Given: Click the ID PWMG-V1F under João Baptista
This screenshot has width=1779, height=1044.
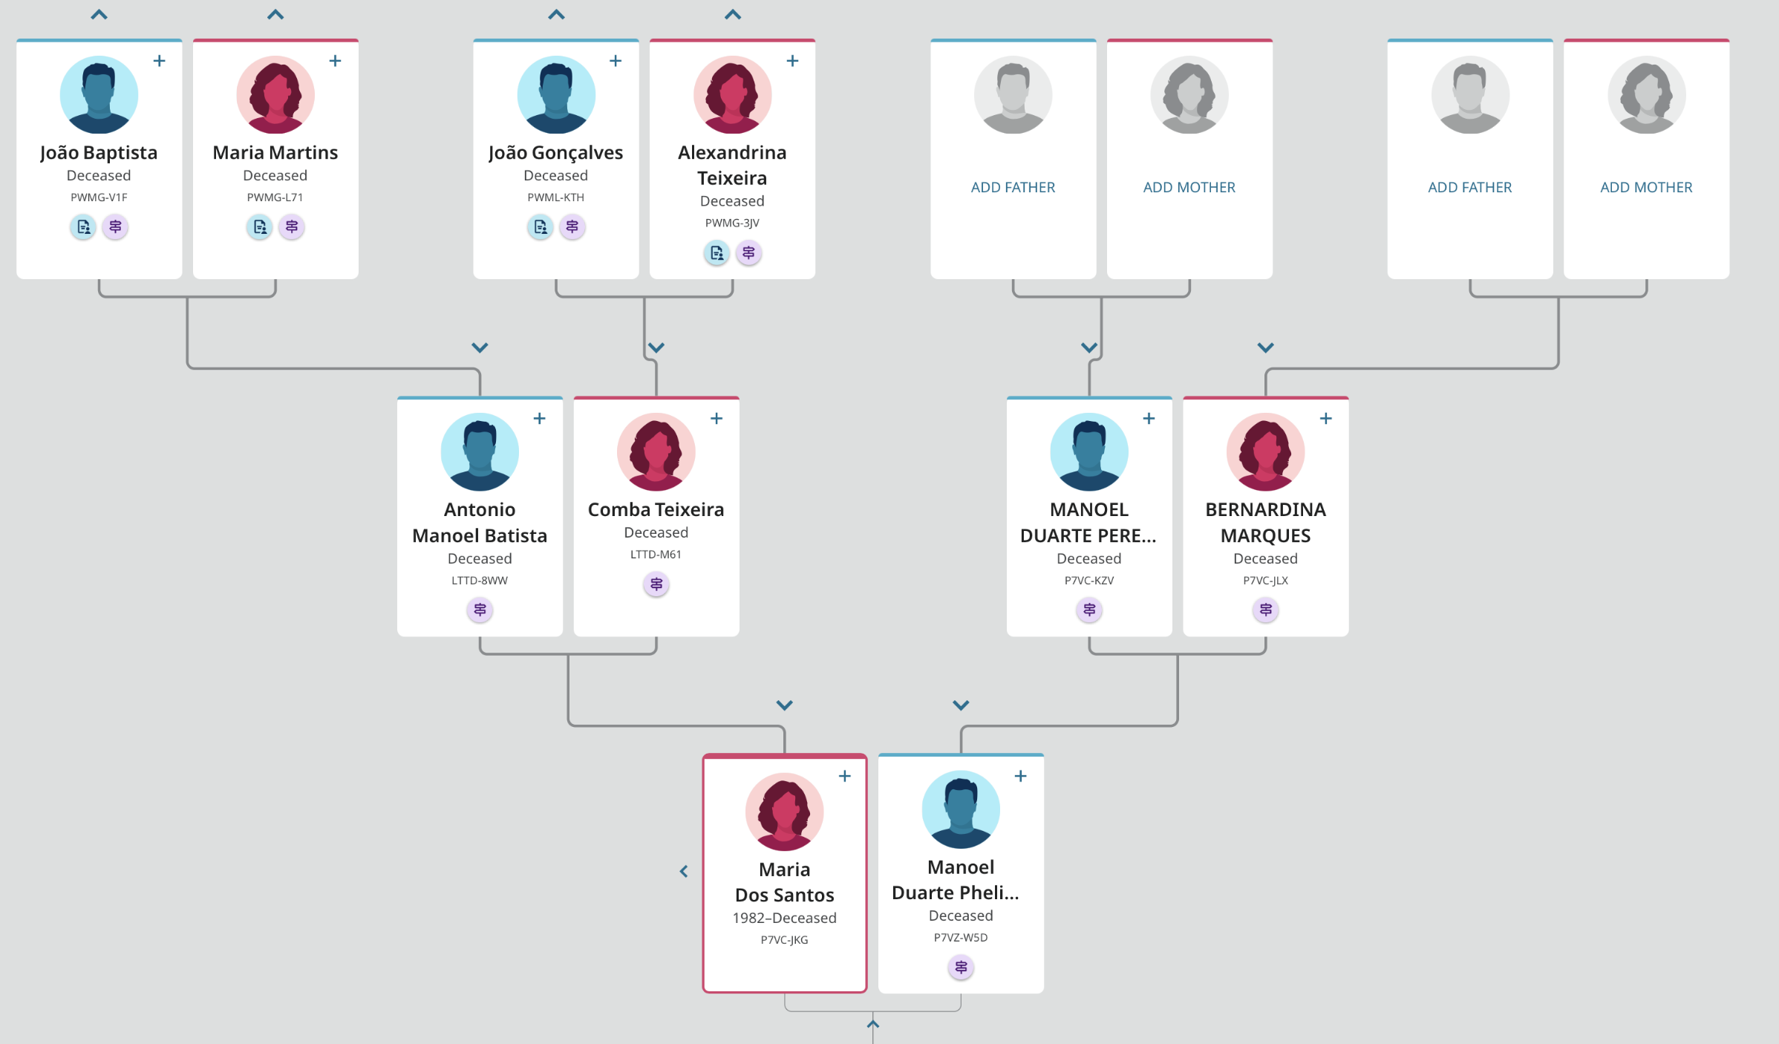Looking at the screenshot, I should (x=99, y=198).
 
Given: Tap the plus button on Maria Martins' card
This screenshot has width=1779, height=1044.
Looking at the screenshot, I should (x=335, y=61).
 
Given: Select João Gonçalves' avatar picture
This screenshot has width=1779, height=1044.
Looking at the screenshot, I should (x=556, y=95).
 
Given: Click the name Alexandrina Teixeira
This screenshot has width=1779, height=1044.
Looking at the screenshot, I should (x=732, y=165).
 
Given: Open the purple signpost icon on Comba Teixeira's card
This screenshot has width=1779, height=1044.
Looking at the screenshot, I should (x=656, y=584).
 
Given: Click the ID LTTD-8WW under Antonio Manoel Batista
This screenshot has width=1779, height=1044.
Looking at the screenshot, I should (x=480, y=581).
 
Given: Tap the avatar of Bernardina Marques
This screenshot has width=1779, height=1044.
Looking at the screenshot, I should (x=1265, y=452).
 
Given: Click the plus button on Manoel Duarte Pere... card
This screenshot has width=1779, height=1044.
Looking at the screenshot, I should (x=1149, y=419).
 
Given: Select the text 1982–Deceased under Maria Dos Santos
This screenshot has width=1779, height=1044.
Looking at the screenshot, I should (x=784, y=919).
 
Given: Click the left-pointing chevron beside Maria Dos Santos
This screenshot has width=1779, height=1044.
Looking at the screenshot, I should (x=684, y=871).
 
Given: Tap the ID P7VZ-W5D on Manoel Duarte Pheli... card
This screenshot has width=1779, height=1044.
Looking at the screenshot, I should (x=961, y=938).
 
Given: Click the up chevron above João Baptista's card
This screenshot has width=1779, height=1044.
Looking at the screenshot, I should (x=99, y=15).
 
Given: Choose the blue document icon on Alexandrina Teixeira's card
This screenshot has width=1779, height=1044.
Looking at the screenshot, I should (x=717, y=253).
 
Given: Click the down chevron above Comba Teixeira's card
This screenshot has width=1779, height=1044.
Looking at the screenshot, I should (x=656, y=348).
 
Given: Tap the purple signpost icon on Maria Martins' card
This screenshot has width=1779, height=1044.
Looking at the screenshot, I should (x=292, y=227).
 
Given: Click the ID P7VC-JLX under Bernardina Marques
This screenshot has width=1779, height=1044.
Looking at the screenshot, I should (x=1265, y=581).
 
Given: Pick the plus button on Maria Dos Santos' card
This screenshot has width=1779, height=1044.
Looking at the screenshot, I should (x=844, y=776).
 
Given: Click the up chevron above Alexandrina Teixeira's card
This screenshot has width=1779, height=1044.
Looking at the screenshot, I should (x=733, y=15).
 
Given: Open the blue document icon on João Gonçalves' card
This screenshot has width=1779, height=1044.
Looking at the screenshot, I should (x=540, y=227).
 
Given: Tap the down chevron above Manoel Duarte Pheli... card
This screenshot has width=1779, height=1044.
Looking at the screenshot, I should (x=961, y=705).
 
